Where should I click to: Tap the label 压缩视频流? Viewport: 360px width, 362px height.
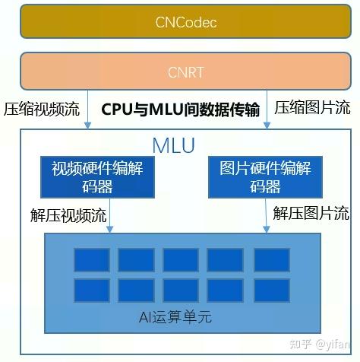point(42,108)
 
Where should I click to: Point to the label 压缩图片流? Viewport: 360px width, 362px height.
point(312,108)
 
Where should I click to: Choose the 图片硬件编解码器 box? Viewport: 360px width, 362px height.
point(265,177)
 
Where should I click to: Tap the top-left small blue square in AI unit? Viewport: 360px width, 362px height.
point(91,260)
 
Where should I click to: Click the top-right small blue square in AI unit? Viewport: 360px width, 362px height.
point(271,260)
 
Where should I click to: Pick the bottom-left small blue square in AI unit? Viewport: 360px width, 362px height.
point(91,291)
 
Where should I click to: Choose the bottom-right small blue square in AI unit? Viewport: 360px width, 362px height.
point(271,291)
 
